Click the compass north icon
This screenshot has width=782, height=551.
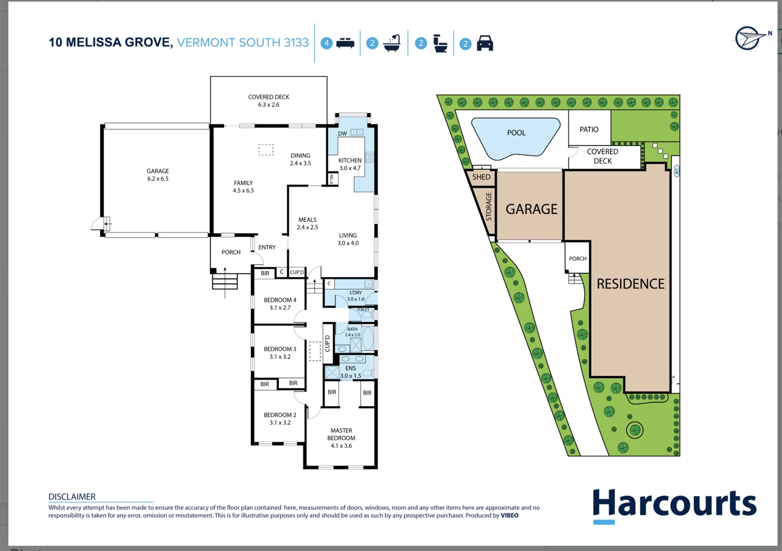(x=749, y=38)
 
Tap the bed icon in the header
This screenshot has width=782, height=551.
(x=345, y=43)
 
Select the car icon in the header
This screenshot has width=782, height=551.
(x=485, y=43)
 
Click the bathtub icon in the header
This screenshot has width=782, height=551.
(x=392, y=43)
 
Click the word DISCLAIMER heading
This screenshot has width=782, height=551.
(x=72, y=496)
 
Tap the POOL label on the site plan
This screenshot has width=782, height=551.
(x=516, y=133)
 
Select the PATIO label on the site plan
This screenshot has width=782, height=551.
(x=589, y=130)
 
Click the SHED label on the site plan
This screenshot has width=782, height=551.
(x=481, y=177)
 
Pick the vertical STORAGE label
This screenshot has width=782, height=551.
(x=489, y=206)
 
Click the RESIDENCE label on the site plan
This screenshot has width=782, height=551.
(x=630, y=284)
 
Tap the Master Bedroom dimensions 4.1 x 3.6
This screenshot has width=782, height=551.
(x=341, y=445)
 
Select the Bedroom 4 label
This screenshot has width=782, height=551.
(x=280, y=300)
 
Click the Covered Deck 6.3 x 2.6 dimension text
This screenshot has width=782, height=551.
(x=268, y=105)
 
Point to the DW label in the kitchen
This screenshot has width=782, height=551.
(x=342, y=134)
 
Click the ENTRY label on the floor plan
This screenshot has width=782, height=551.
(x=267, y=247)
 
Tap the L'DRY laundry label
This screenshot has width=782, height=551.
(x=356, y=293)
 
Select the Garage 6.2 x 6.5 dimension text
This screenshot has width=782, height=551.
(x=158, y=179)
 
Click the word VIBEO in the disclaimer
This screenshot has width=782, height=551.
(x=509, y=515)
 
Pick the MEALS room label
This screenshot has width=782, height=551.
(x=307, y=220)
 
